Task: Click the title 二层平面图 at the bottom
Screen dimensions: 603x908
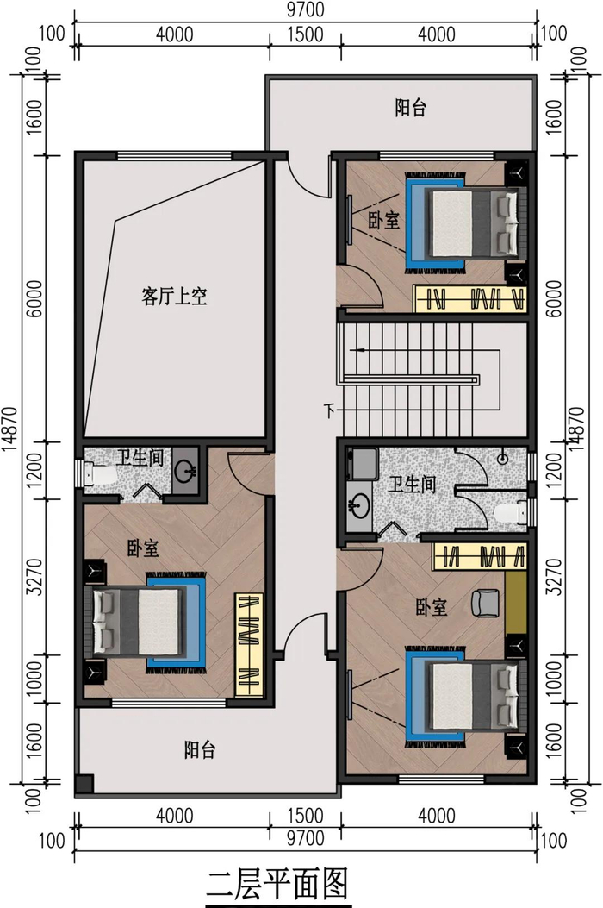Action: (x=277, y=885)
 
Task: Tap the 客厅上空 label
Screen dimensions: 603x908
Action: (x=174, y=297)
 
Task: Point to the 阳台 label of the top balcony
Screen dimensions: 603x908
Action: (x=411, y=108)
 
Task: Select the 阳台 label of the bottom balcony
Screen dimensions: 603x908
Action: (x=200, y=750)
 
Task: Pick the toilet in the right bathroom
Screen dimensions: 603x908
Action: (x=513, y=512)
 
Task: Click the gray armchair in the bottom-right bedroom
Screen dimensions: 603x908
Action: (x=485, y=603)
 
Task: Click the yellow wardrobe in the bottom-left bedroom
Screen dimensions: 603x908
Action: (x=249, y=644)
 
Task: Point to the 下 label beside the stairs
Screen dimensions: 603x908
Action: (x=329, y=411)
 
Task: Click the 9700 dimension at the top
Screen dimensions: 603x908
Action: (x=305, y=9)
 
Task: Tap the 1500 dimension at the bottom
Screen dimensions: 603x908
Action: (x=305, y=816)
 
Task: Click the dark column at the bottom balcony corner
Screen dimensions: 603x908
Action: (x=84, y=784)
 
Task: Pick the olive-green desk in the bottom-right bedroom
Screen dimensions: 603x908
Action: (x=516, y=603)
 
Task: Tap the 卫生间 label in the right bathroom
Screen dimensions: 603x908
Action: (x=412, y=484)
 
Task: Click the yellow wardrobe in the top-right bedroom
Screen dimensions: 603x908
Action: (x=469, y=299)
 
